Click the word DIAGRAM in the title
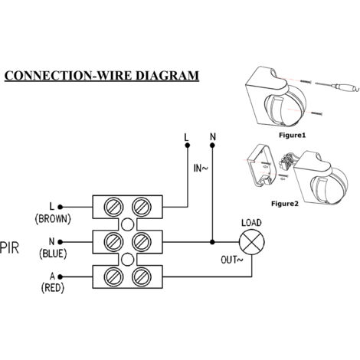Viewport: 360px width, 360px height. (167, 76)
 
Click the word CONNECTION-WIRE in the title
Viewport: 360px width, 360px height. (68, 76)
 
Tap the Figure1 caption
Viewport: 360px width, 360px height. (292, 135)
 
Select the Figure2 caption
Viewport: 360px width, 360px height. (285, 204)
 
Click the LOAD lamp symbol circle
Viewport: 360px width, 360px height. (252, 242)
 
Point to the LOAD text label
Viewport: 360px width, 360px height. (251, 223)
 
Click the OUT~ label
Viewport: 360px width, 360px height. (232, 260)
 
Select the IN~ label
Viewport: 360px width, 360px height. (201, 168)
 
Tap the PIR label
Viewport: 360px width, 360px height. (10, 248)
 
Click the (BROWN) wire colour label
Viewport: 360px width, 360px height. (53, 219)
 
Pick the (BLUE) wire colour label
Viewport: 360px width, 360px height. (53, 254)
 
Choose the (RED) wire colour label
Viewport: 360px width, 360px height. (53, 288)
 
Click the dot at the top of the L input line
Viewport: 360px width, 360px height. (188, 146)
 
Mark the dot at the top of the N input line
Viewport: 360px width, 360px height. (212, 146)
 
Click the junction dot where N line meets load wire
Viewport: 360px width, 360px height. (212, 242)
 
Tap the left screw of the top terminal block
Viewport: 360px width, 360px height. (113, 207)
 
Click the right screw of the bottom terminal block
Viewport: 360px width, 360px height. (142, 277)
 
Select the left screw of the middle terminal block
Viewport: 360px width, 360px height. (113, 242)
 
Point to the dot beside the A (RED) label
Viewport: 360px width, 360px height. (60, 277)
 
